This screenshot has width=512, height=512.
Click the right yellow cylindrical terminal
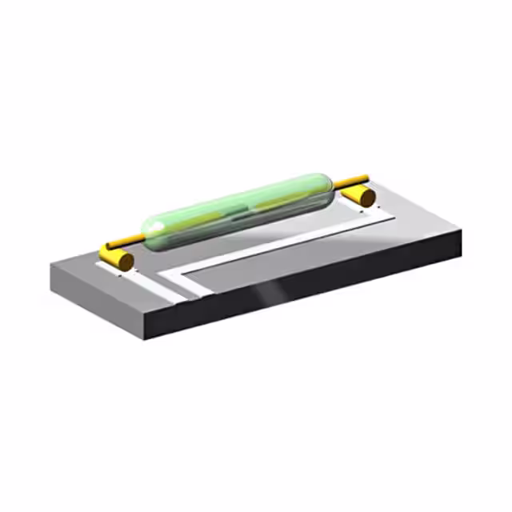(x=360, y=194)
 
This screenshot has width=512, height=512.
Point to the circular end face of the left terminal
(x=126, y=261)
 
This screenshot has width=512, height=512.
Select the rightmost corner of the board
(x=463, y=232)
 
